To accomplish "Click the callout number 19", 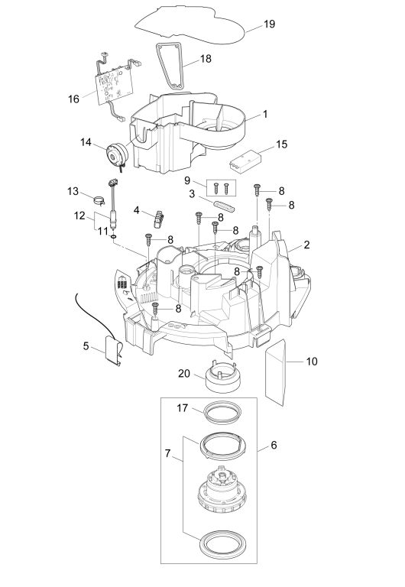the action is (x=270, y=24).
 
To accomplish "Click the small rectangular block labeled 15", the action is (x=243, y=160).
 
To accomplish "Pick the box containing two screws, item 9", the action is (x=221, y=187).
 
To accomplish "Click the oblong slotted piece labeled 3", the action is (x=224, y=205).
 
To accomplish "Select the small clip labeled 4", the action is (x=159, y=219).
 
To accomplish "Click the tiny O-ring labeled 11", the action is (x=113, y=236).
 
